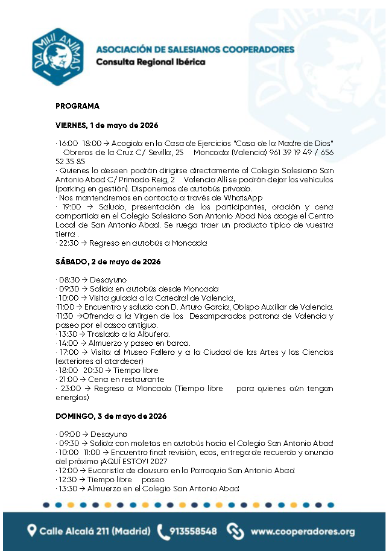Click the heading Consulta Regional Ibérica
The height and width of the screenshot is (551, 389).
(151, 62)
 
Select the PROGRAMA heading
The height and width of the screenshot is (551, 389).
(77, 106)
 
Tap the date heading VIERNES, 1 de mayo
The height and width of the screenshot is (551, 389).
(107, 126)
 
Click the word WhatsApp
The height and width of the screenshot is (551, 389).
(245, 197)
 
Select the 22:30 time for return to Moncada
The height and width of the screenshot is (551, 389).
(69, 243)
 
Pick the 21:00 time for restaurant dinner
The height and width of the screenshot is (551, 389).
(69, 380)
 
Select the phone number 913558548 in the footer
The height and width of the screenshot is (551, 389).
(193, 532)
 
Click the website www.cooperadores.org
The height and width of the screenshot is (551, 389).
(302, 532)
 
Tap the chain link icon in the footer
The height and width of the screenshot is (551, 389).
(235, 531)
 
